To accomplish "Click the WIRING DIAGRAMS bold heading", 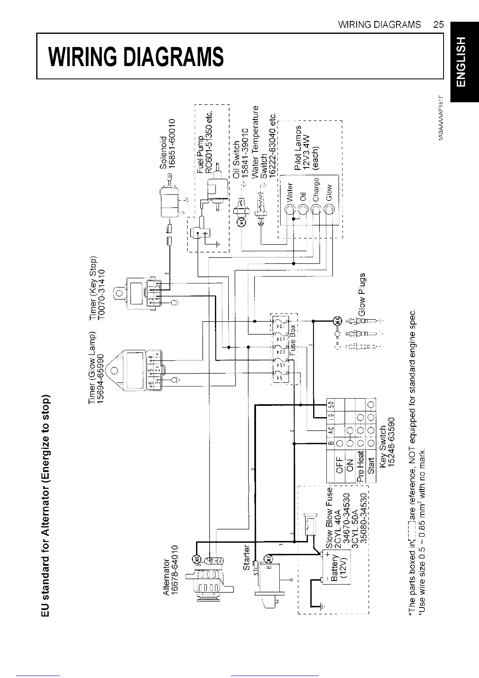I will click(x=136, y=56).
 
